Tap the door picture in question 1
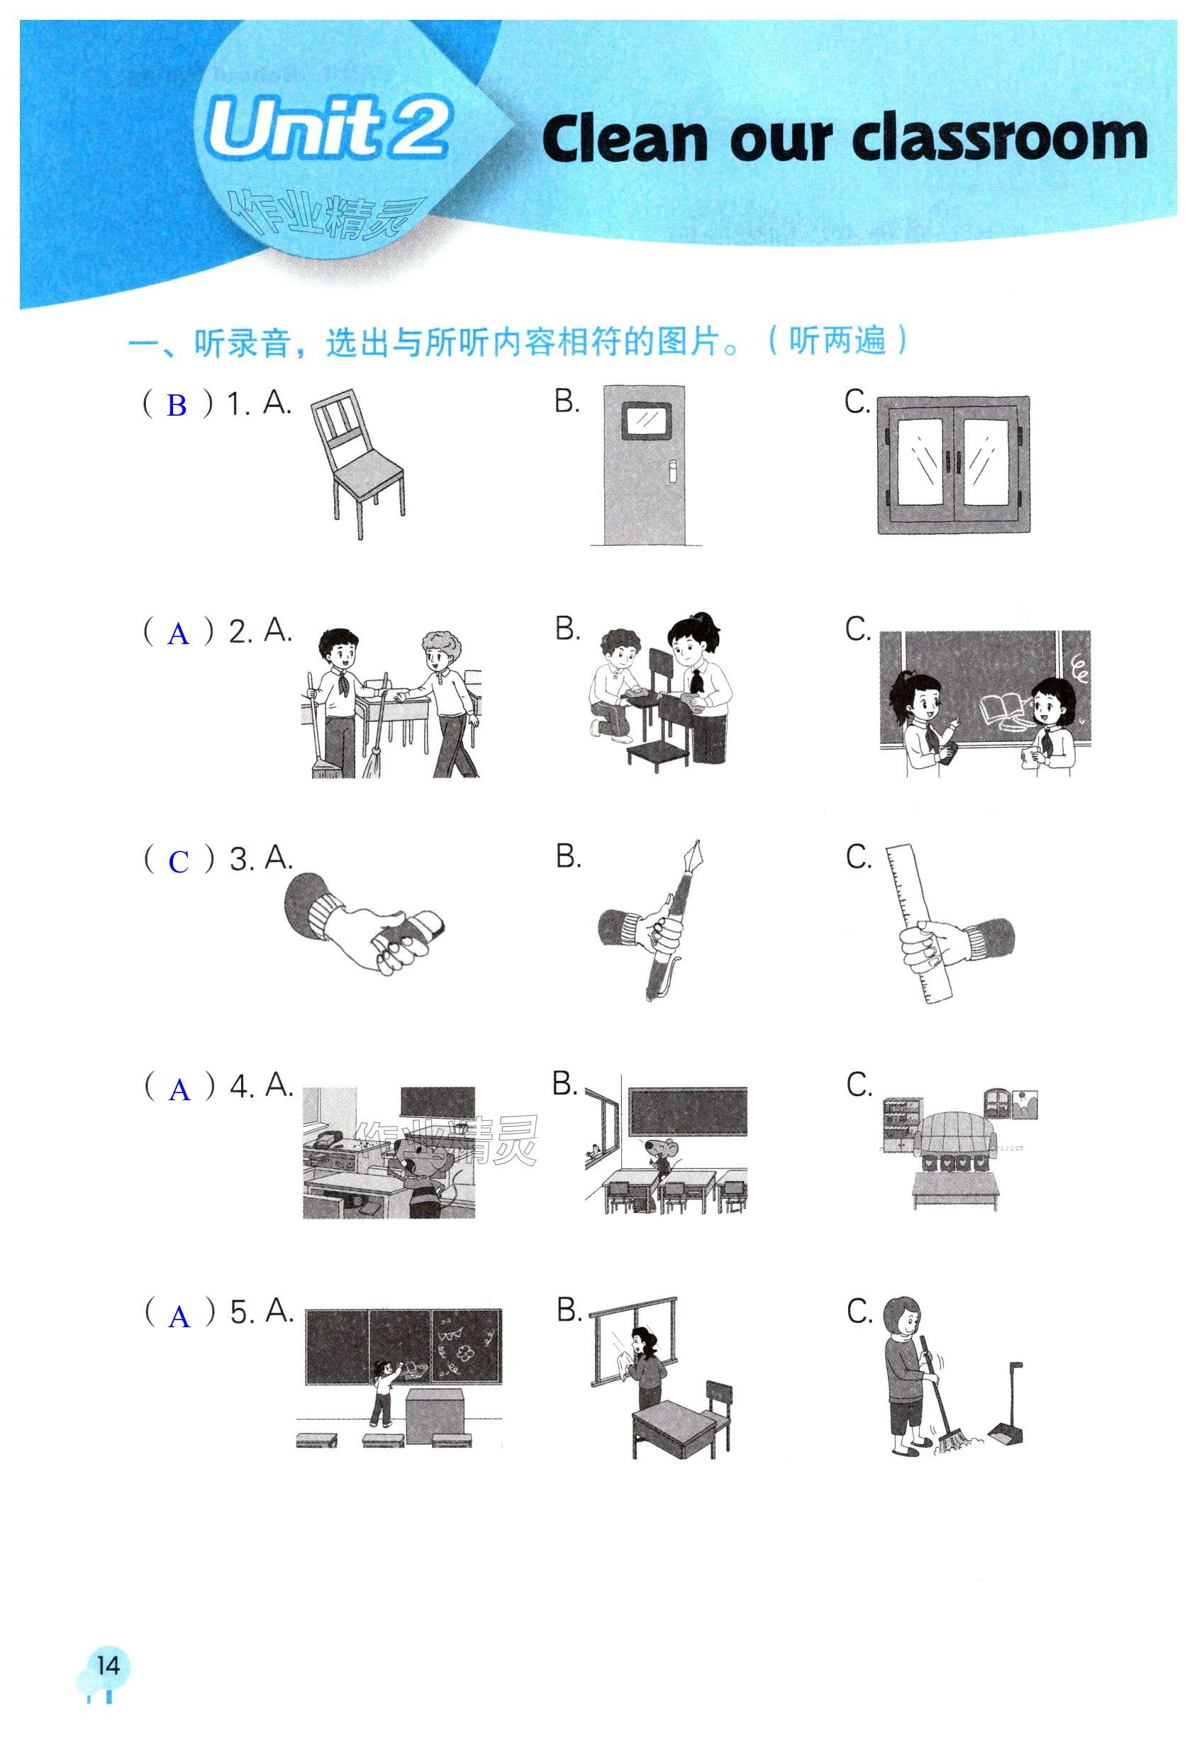(x=645, y=465)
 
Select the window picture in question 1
(x=953, y=464)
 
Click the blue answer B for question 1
(x=177, y=406)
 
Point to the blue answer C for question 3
(x=179, y=861)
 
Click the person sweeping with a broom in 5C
(x=911, y=1378)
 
